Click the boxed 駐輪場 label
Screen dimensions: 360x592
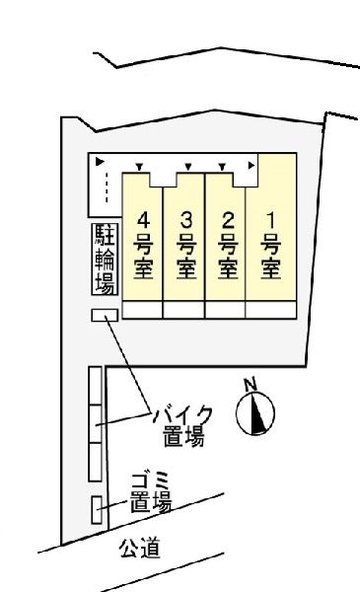point(104,259)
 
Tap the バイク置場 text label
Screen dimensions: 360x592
point(181,424)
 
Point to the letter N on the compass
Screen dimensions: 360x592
point(250,384)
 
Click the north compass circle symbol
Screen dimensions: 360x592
point(255,414)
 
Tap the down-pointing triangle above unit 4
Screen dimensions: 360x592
point(139,166)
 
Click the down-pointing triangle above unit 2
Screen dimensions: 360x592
point(224,166)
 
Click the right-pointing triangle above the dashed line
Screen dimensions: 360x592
point(99,160)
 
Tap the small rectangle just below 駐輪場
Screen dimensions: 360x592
point(104,315)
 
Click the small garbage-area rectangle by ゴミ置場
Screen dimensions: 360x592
point(97,509)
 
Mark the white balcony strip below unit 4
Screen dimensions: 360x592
point(141,309)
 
